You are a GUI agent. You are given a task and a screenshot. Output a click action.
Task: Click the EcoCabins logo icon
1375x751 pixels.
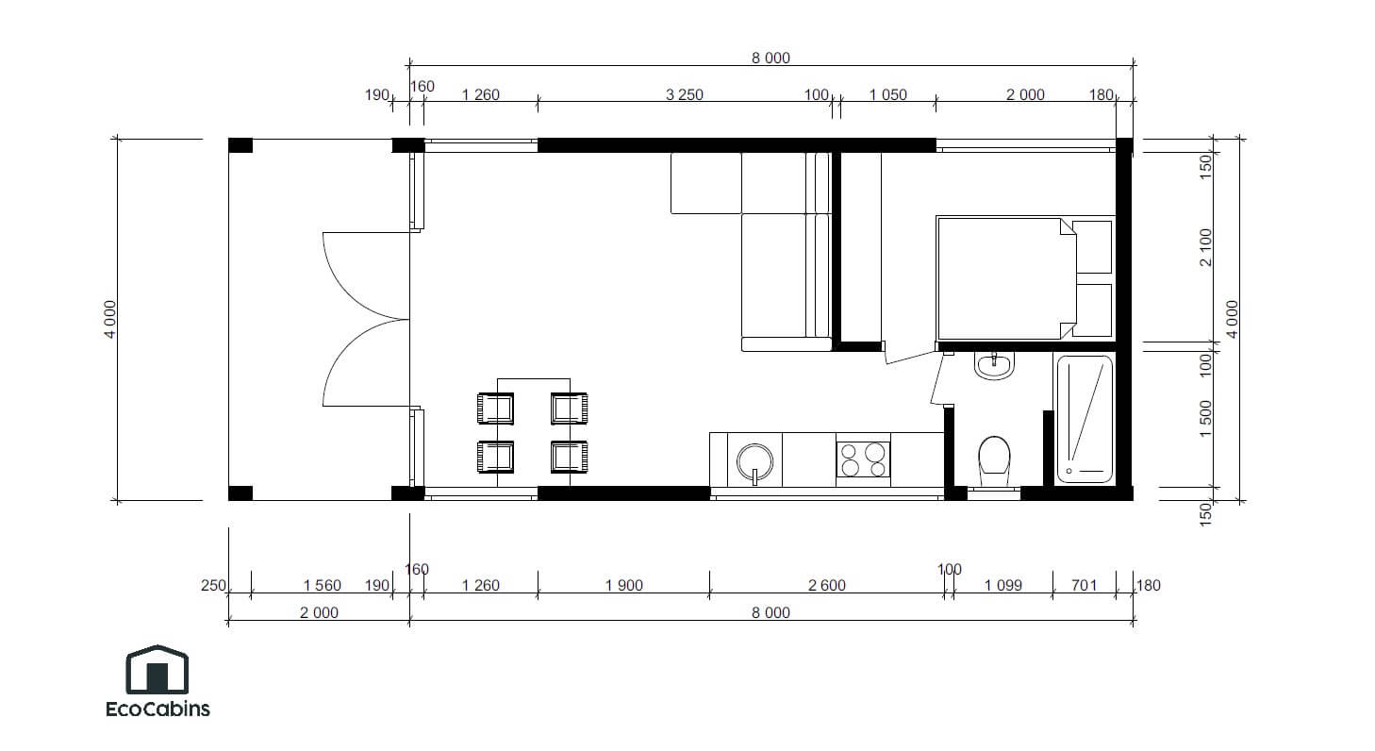pyautogui.click(x=157, y=670)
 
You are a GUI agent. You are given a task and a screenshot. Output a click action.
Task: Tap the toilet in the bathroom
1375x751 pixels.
pyautogui.click(x=993, y=458)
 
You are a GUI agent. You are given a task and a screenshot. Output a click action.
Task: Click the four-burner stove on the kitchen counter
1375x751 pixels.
pyautogui.click(x=863, y=459)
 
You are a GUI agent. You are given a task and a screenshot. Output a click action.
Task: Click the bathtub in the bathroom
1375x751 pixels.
pyautogui.click(x=1085, y=419)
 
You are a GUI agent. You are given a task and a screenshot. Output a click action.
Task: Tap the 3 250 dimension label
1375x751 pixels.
pyautogui.click(x=684, y=95)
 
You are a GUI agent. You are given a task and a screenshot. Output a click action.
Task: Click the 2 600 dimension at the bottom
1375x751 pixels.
pyautogui.click(x=827, y=586)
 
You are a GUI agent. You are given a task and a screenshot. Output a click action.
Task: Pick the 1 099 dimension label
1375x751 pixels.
pyautogui.click(x=1002, y=586)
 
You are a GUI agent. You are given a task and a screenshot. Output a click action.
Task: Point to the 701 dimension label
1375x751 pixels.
pyautogui.click(x=1085, y=586)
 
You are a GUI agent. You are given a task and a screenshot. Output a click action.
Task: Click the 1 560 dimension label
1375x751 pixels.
pyautogui.click(x=322, y=586)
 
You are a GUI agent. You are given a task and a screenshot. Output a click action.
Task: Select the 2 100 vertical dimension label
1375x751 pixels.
pyautogui.click(x=1205, y=247)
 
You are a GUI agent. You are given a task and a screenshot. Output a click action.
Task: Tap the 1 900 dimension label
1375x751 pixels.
pyautogui.click(x=623, y=586)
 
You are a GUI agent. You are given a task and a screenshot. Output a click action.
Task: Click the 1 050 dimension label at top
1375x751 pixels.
pyautogui.click(x=887, y=95)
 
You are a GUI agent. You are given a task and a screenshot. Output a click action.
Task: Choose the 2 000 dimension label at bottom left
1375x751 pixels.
pyautogui.click(x=319, y=613)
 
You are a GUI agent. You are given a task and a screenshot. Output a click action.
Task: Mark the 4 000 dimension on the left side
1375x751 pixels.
pyautogui.click(x=110, y=319)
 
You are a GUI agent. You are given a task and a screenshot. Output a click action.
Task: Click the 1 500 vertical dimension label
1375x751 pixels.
pyautogui.click(x=1205, y=419)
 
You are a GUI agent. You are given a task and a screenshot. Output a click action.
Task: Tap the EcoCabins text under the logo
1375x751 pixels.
pyautogui.click(x=157, y=709)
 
